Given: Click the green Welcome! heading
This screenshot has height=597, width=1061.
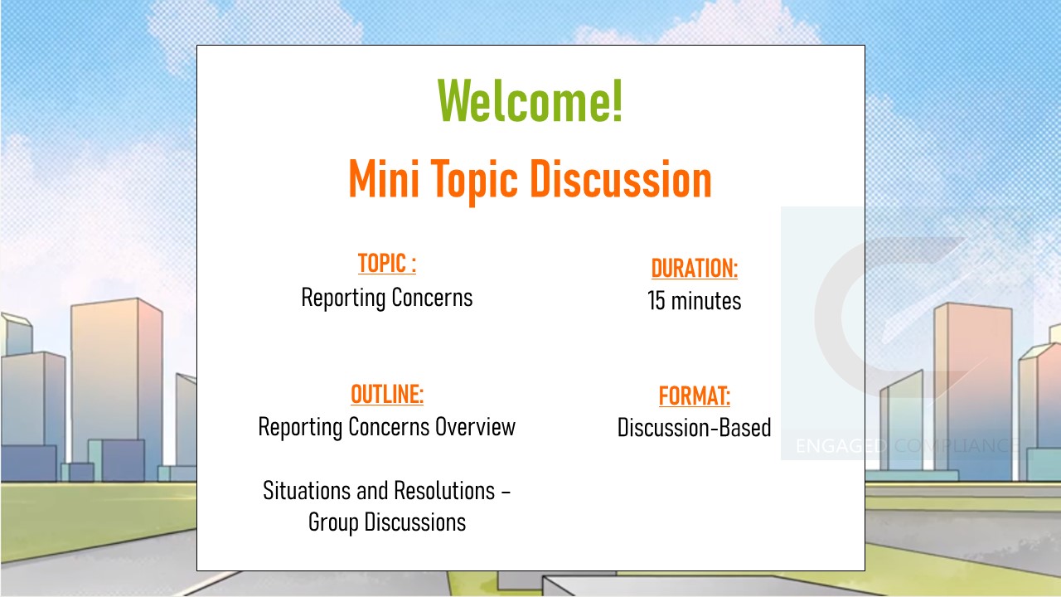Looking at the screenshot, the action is pos(530,101).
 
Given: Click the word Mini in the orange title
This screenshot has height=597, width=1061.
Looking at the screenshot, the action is pos(384,178).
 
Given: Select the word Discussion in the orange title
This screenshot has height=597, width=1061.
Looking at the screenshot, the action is pos(621,178).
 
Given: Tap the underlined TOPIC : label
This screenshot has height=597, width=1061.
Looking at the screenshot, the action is pos(387,264).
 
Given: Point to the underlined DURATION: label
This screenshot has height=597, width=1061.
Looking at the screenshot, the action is pos(695,268).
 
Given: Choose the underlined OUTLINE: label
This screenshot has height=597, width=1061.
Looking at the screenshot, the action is pos(387,394).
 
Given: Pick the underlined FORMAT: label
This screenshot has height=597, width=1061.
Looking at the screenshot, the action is pos(695,396).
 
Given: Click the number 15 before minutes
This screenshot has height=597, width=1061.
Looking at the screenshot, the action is pos(656,301).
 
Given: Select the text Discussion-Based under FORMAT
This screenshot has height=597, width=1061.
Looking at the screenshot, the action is pos(695,428).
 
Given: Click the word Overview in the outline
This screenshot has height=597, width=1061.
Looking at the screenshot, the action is pos(475,427).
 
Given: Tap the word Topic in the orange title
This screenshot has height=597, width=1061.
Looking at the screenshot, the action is pos(473,180).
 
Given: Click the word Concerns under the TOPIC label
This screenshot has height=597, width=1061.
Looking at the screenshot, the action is pos(432,298).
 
